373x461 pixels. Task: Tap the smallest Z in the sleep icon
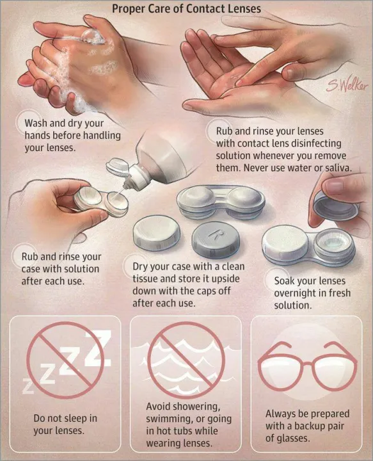(x=28, y=386)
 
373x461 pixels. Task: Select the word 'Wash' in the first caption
(x=38, y=123)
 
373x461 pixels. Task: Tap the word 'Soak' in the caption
(x=286, y=281)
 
